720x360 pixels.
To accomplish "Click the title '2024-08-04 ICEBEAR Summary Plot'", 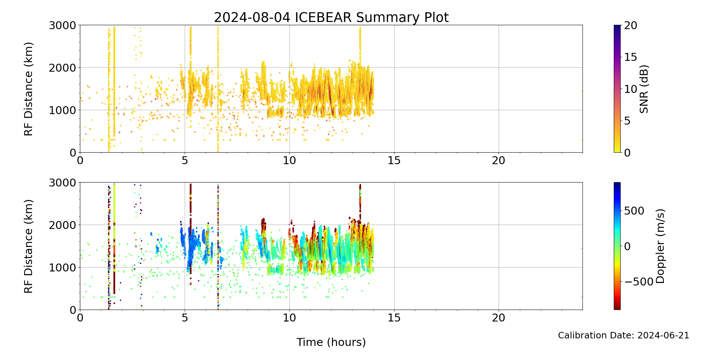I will (331, 17).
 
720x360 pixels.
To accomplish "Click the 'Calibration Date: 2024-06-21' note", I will (624, 336).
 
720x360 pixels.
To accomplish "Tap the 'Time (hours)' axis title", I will (331, 342).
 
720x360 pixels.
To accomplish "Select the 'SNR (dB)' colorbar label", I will (644, 89).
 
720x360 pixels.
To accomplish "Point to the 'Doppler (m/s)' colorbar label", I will (660, 246).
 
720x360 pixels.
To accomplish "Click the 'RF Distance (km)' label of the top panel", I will (28, 89).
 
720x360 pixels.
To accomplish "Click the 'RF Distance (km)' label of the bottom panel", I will (28, 246).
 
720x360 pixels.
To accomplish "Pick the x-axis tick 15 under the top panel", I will (394, 161).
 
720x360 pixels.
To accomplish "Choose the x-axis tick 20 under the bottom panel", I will (499, 318).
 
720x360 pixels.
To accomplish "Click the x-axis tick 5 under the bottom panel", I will (185, 318).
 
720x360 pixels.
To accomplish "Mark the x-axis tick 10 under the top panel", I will (289, 161).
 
